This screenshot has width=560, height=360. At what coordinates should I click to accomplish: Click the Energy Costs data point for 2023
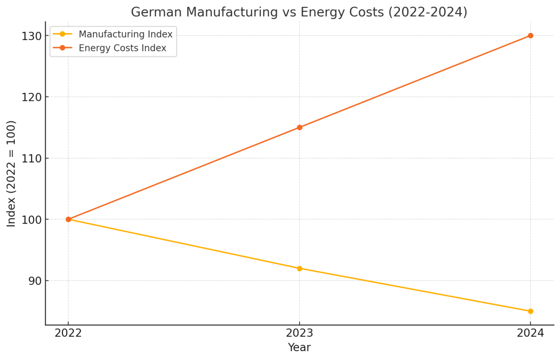coord(300,127)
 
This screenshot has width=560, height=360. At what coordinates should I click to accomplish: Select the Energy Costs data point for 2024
coord(531,35)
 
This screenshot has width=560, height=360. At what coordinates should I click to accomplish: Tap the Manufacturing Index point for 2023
coord(300,268)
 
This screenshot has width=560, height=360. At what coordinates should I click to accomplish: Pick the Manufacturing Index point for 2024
coord(531,311)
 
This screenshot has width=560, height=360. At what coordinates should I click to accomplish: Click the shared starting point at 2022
coord(68,219)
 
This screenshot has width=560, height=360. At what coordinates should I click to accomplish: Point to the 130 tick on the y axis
coord(31,36)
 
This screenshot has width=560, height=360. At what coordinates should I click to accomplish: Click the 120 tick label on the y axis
coord(31,97)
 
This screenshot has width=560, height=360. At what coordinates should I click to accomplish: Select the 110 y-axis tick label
coord(31,158)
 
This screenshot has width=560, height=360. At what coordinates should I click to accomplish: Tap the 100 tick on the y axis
coord(31,219)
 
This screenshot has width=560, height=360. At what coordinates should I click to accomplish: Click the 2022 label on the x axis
coord(68,333)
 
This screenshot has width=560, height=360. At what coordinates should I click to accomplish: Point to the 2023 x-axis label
coord(300,333)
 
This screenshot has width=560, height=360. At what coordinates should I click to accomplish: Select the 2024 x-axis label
coord(531,333)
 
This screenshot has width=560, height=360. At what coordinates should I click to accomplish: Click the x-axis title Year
coord(299,347)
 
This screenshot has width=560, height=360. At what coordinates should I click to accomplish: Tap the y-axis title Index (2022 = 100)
coord(12,174)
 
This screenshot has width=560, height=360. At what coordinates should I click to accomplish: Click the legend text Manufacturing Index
coord(126,34)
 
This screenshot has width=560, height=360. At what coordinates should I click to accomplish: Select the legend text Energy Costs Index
coord(122,48)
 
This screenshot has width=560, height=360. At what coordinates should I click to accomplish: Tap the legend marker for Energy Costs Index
coord(63,48)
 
